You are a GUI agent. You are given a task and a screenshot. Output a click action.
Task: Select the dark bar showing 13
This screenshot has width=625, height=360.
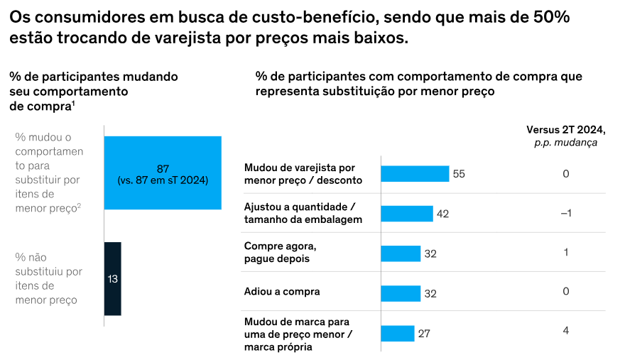point(113,278)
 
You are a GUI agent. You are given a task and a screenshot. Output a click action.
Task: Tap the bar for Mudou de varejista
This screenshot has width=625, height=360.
point(415,174)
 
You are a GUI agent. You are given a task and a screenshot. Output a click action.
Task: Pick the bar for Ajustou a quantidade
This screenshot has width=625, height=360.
point(407,213)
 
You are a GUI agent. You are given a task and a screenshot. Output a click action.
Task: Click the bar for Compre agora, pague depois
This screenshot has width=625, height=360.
point(401,253)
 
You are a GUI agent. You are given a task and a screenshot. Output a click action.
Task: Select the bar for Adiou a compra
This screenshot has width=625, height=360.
point(401,292)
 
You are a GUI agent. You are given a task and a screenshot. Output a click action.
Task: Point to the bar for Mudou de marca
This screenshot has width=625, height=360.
point(398,332)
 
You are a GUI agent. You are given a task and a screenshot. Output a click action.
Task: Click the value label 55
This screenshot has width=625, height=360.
point(459,174)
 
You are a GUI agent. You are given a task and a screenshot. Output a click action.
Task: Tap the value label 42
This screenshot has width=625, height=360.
point(443,213)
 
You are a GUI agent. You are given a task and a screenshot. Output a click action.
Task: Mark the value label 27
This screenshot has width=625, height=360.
point(425,332)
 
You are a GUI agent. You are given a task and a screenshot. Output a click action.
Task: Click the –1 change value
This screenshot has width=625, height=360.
point(566,213)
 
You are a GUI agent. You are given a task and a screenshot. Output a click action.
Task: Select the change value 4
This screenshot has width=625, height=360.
point(566,330)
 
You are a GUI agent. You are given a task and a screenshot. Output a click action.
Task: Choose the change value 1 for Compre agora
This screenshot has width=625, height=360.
point(566,252)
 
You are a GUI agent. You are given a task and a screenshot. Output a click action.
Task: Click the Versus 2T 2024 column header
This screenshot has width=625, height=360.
point(565,129)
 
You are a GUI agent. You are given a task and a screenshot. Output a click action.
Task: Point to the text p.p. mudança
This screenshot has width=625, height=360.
point(565,142)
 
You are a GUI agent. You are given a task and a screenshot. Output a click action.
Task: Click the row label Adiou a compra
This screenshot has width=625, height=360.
point(282,291)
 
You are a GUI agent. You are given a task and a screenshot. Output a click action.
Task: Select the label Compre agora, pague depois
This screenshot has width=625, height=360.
point(280,252)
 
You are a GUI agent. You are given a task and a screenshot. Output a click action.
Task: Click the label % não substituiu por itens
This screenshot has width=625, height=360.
point(49,278)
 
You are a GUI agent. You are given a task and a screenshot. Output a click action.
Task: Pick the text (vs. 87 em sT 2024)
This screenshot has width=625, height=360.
point(163,180)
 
